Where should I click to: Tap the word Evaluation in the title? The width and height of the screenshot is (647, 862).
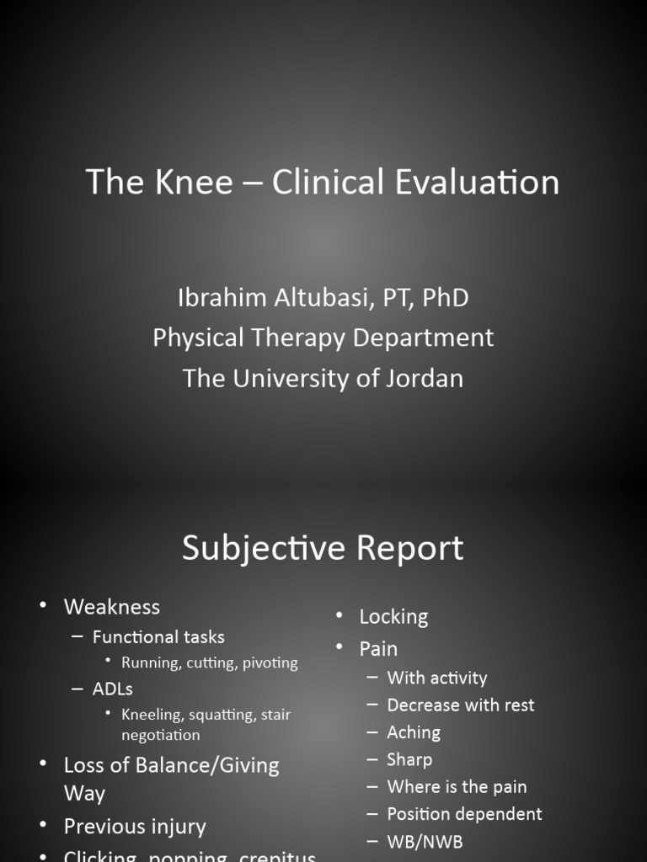477,182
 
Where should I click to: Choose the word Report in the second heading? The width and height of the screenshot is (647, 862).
410,548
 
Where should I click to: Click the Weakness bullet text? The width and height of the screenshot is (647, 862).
111,606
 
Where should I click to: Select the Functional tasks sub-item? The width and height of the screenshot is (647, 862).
158,636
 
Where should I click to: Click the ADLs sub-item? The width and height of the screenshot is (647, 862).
113,689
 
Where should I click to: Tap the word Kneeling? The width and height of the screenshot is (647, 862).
152,715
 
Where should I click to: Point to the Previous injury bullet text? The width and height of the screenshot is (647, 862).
135,826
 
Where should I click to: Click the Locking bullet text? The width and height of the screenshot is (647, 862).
393,616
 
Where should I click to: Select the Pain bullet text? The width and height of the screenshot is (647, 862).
378,648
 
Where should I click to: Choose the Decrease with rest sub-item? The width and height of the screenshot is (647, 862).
460,705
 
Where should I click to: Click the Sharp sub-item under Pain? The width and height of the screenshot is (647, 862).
409,759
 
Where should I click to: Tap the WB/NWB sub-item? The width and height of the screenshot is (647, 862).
425,841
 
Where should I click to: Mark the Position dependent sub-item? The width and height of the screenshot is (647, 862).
464,814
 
